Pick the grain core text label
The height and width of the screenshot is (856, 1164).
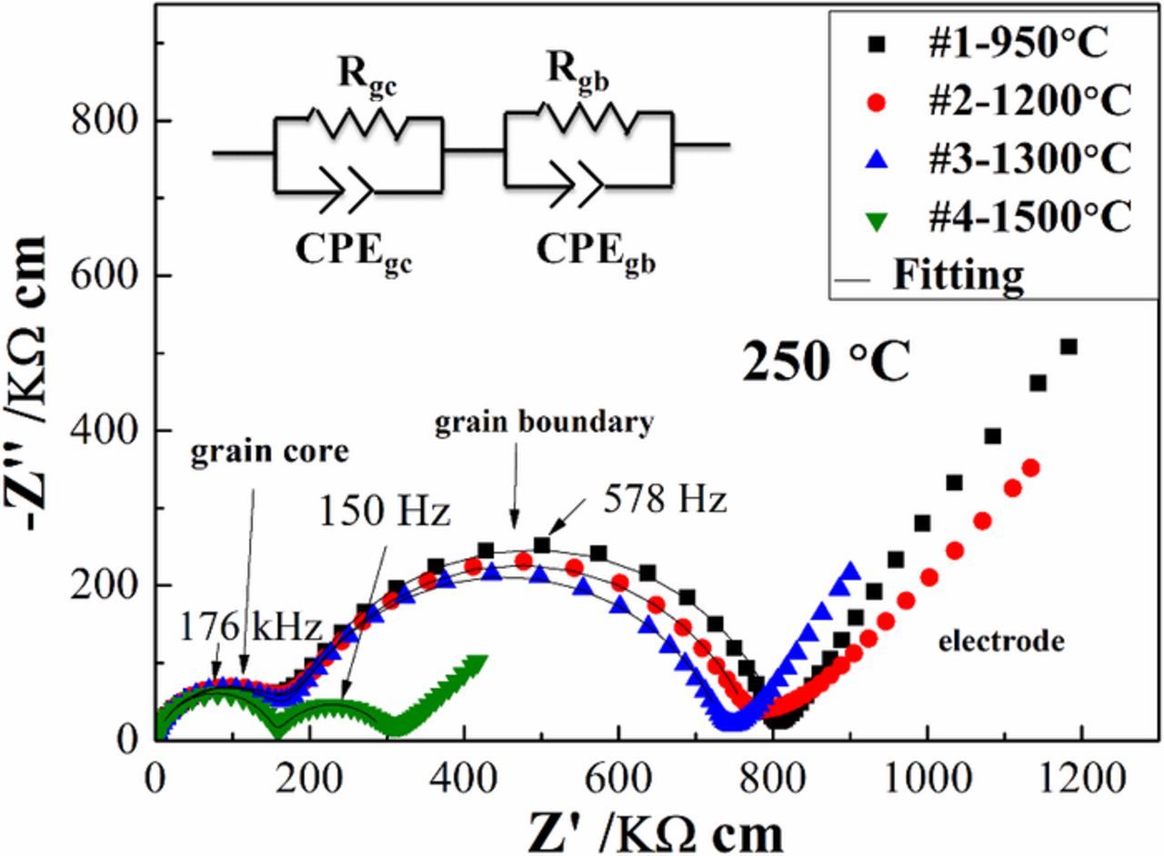point(269,453)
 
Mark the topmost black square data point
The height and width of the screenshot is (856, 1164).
point(1069,346)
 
